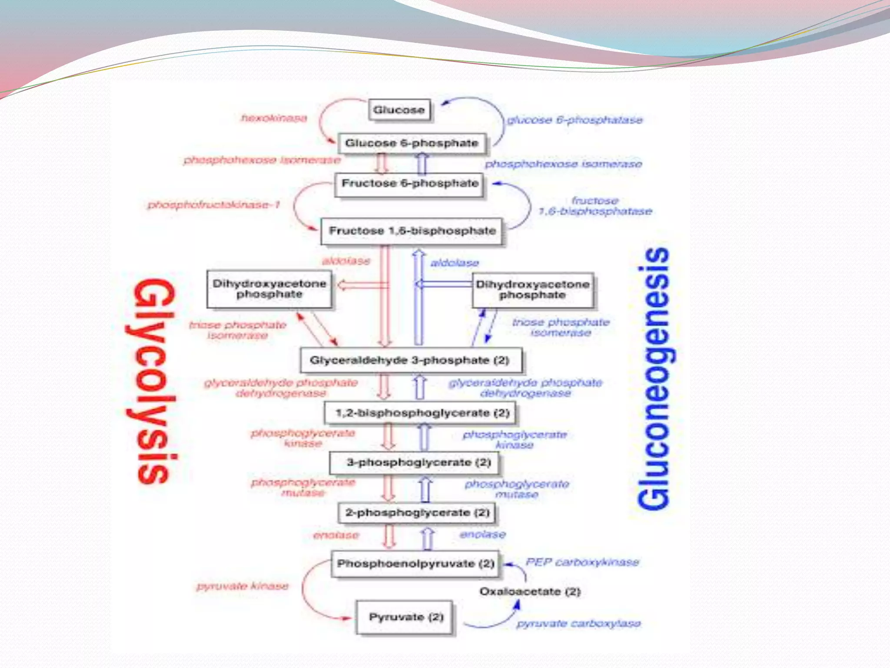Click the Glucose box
[x=399, y=110]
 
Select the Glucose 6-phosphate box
[x=411, y=143]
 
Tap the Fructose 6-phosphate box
[x=409, y=184]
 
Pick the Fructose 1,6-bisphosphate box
[x=412, y=231]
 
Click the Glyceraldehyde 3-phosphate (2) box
[x=410, y=361]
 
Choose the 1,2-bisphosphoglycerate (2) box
[x=422, y=413]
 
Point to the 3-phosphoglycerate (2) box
[x=418, y=462]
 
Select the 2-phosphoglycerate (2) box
[x=417, y=513]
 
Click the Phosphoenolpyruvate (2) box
[x=415, y=564]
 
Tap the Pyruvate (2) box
[x=405, y=617]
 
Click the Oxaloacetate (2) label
[x=530, y=591]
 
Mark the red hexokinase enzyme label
[x=274, y=118]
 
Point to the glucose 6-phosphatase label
[x=575, y=120]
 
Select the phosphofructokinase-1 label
[x=214, y=205]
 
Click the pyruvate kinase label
[x=242, y=586]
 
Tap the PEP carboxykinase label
[x=582, y=562]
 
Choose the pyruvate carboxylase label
[x=578, y=624]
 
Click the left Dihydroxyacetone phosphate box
[x=269, y=289]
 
